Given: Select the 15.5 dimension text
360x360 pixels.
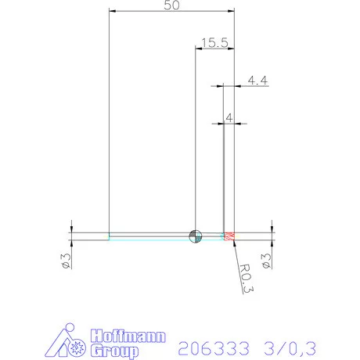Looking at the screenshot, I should pyautogui.click(x=214, y=43).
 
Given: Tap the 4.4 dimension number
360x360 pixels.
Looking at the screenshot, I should pyautogui.click(x=257, y=79).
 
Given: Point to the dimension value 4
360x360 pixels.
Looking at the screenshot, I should pyautogui.click(x=229, y=117).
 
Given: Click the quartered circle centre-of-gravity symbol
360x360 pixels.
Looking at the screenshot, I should pyautogui.click(x=195, y=236).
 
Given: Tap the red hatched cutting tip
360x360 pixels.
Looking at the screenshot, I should pyautogui.click(x=229, y=236).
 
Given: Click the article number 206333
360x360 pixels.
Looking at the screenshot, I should pyautogui.click(x=210, y=346).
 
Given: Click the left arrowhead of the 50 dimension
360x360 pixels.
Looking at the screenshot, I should pyautogui.click(x=112, y=12).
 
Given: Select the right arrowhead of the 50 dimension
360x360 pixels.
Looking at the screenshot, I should pyautogui.click(x=231, y=12).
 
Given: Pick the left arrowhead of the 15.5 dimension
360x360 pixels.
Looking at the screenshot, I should pyautogui.click(x=198, y=49).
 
